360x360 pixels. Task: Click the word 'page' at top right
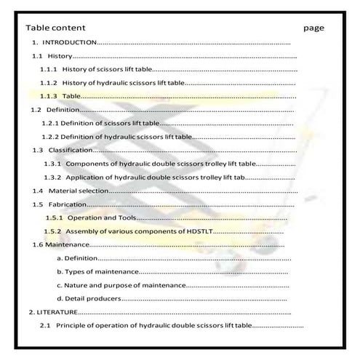click(314, 28)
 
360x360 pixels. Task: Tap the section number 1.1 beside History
click(37, 56)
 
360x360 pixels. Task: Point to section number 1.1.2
click(48, 83)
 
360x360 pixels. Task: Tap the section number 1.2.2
click(49, 136)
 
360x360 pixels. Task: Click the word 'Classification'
click(70, 150)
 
